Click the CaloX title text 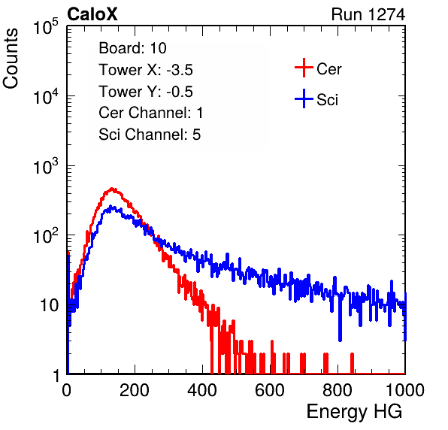(92, 14)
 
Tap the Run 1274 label (368, 14)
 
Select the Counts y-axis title (11, 59)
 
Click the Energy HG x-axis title (354, 412)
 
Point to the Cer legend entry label (328, 69)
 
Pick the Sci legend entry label (328, 100)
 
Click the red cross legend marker (304, 68)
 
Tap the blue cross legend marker (304, 99)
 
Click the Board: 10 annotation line (132, 48)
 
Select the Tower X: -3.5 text (146, 70)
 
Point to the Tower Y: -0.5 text (146, 92)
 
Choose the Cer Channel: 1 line (151, 113)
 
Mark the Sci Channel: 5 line (150, 135)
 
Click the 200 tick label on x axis (135, 390)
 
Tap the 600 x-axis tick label (270, 390)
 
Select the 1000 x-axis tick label (405, 390)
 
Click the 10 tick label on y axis (50, 305)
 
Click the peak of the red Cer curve (112, 189)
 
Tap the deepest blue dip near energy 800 (340, 340)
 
